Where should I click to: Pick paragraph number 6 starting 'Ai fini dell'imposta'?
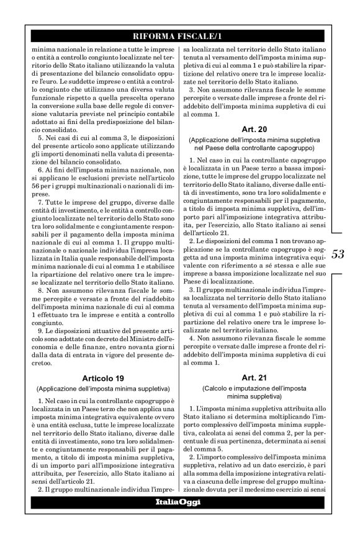coord(37,178)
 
